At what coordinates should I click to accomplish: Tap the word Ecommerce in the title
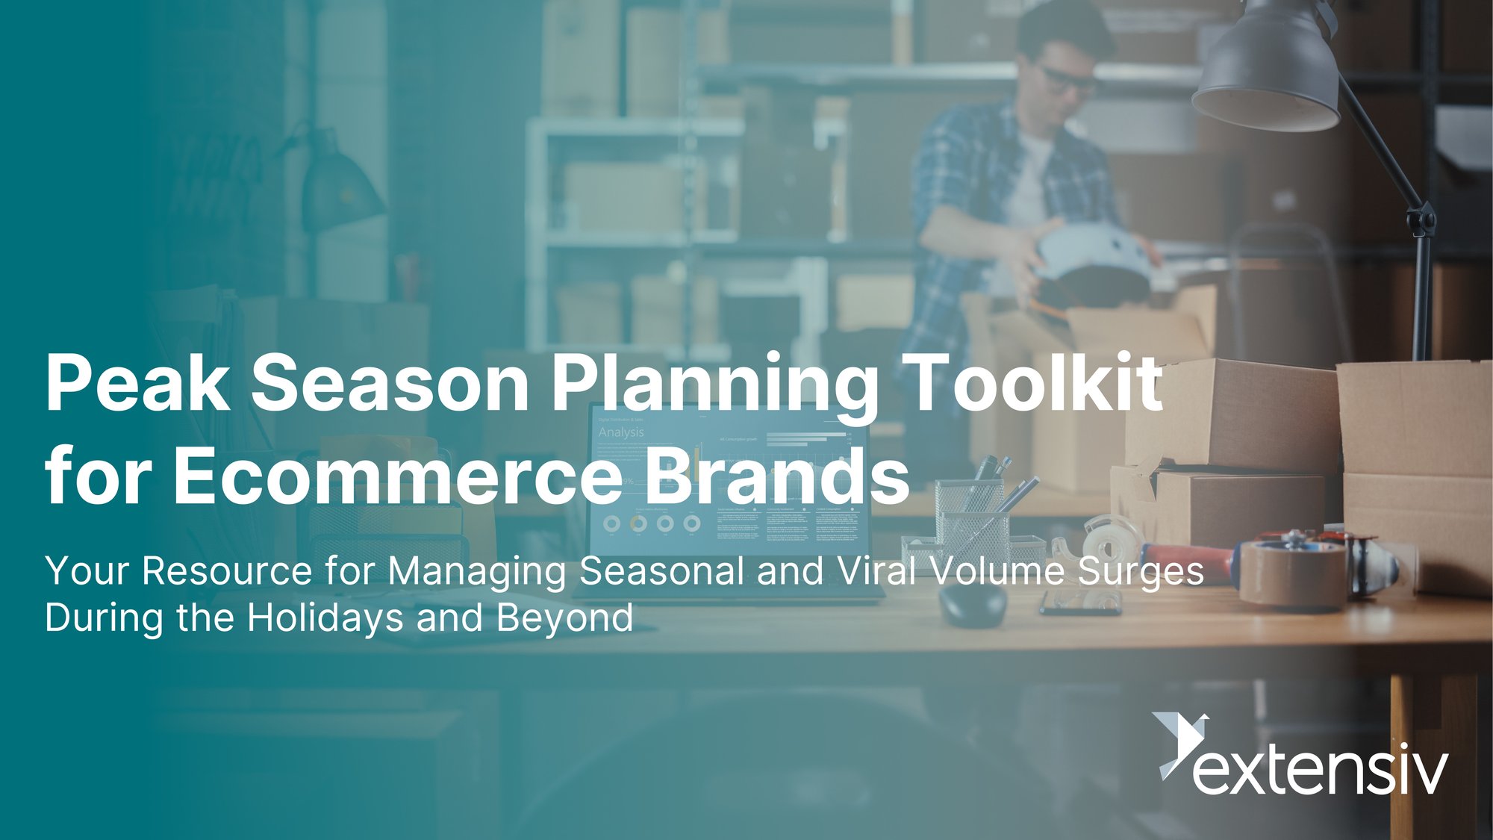pos(397,476)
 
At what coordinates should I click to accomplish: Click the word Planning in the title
pos(714,385)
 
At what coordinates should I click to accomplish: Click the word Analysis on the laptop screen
pos(620,432)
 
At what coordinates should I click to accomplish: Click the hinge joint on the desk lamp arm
pos(1421,220)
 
